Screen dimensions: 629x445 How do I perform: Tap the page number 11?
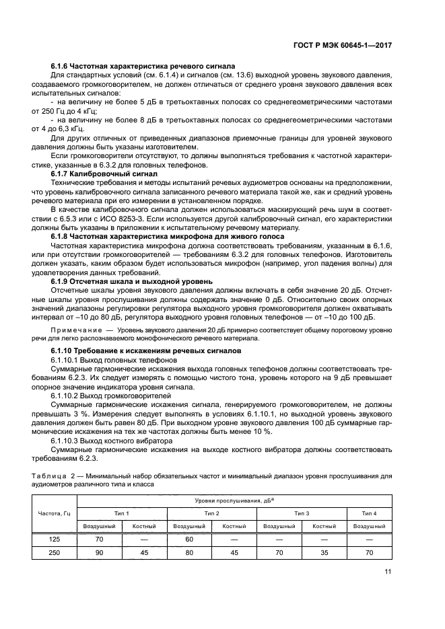click(x=388, y=572)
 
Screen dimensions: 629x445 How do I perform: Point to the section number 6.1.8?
click(x=62, y=236)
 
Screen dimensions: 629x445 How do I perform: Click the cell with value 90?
click(x=100, y=552)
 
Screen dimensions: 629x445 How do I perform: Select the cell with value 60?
click(x=189, y=539)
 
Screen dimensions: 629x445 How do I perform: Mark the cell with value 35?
click(x=324, y=552)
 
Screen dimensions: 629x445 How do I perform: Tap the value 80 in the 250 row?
click(x=189, y=552)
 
